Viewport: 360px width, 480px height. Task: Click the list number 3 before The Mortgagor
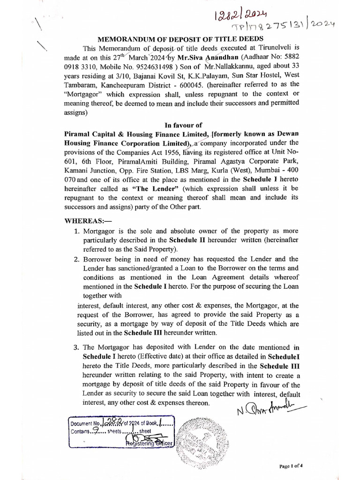point(77,347)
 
